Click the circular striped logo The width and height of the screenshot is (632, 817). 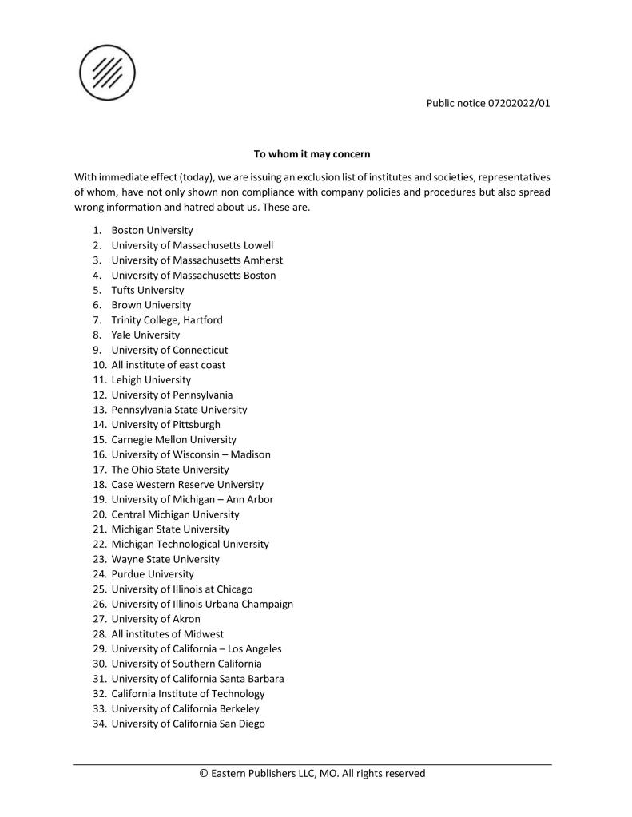click(x=107, y=73)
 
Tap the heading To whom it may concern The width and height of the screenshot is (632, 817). click(x=312, y=153)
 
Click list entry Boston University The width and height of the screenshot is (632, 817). click(x=152, y=231)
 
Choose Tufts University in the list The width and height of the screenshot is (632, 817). click(x=147, y=290)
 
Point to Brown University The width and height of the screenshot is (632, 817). click(x=151, y=305)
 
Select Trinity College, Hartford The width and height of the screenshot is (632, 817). click(x=167, y=320)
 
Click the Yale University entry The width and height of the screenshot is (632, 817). click(x=145, y=335)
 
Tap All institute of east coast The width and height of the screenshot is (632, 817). click(x=168, y=365)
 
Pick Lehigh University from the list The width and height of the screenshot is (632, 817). click(x=151, y=380)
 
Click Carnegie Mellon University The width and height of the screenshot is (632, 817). click(x=173, y=440)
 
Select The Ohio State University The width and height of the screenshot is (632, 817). click(x=169, y=470)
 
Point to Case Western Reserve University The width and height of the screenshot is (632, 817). click(x=187, y=485)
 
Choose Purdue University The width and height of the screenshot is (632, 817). click(x=153, y=574)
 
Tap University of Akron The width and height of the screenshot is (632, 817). click(x=156, y=619)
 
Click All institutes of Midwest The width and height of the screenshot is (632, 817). click(x=167, y=634)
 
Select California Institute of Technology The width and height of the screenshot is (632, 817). click(x=188, y=694)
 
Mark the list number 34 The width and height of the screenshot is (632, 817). click(x=99, y=724)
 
